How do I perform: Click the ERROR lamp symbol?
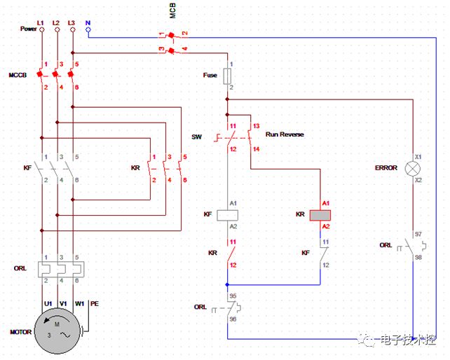(413, 168)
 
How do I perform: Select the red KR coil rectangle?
(320, 215)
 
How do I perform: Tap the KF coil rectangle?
(227, 215)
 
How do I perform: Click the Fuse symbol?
(227, 76)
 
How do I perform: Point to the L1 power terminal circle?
(42, 29)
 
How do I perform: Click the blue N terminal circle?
(88, 29)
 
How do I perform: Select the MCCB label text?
(18, 75)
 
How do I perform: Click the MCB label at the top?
(172, 11)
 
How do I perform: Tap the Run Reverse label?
(285, 134)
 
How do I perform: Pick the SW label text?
(196, 137)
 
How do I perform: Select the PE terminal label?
(95, 303)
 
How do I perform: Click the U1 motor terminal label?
(48, 303)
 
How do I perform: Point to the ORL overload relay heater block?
(61, 269)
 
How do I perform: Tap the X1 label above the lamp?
(418, 157)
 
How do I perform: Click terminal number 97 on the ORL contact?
(418, 234)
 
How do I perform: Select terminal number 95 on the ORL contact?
(233, 296)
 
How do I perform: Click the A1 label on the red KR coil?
(326, 203)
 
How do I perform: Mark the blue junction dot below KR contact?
(227, 284)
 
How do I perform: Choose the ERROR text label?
(386, 168)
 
